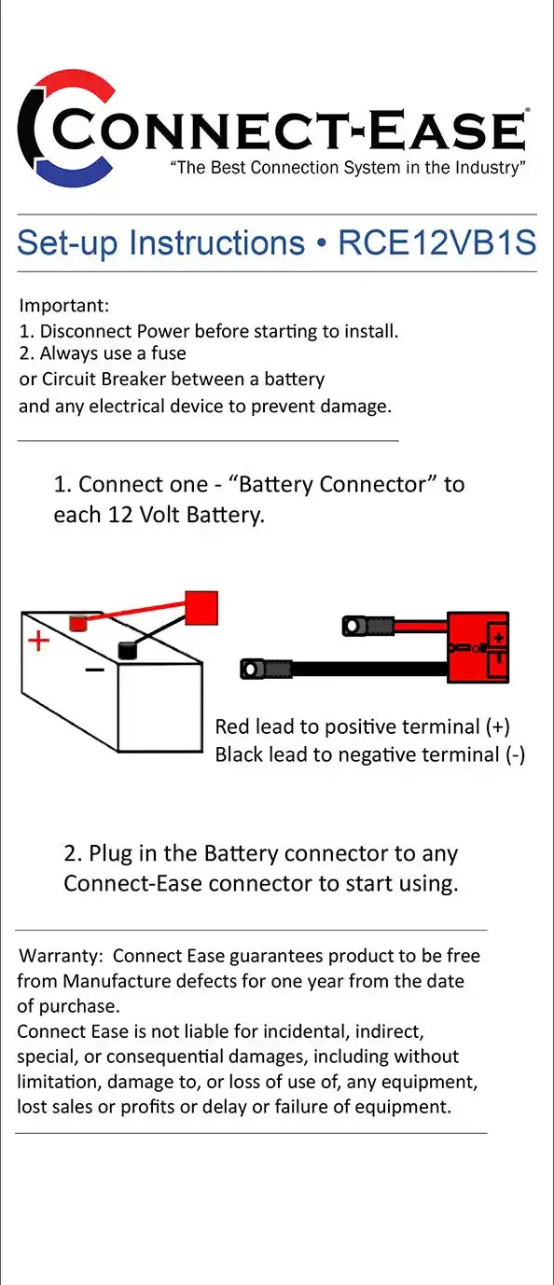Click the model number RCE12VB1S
[437, 242]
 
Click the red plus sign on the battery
[39, 641]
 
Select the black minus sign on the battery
[94, 670]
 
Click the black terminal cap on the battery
[128, 650]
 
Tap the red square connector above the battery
[201, 607]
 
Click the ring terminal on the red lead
[353, 626]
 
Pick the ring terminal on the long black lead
[253, 669]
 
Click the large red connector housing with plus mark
[478, 647]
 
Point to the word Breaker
[134, 380]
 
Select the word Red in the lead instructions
[232, 726]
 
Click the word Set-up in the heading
[68, 243]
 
